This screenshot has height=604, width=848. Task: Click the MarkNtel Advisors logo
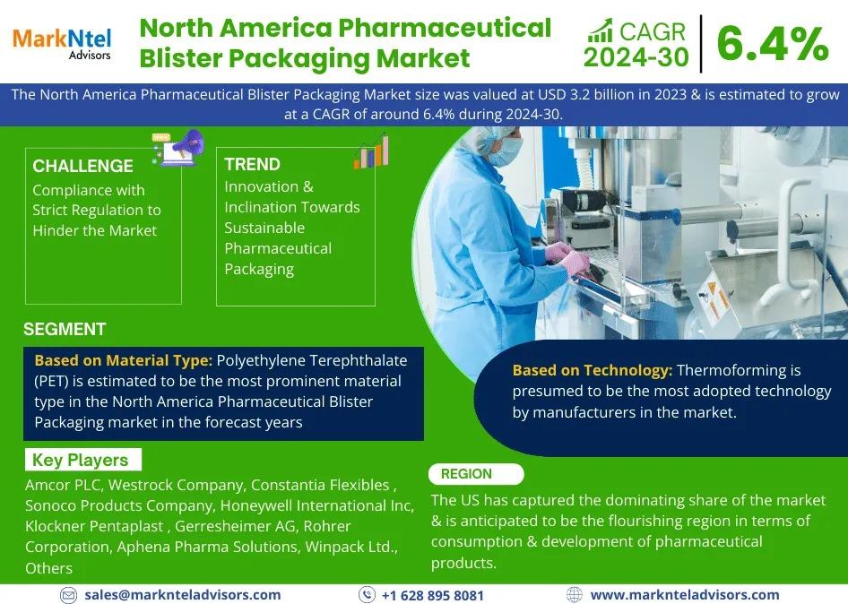62,43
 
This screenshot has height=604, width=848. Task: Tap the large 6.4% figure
773,44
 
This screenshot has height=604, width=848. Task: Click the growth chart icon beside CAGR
601,30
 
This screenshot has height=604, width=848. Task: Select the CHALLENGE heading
82,166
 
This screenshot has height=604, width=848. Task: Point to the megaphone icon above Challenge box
178,147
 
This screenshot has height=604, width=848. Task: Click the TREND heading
252,164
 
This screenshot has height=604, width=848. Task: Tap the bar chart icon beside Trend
371,151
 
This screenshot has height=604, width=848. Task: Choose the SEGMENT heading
65,329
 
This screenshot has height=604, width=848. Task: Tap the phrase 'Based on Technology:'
593,370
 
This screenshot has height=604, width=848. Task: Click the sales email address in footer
182,595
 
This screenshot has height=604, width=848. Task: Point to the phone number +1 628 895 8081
433,595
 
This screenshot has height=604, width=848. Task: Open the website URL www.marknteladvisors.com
685,595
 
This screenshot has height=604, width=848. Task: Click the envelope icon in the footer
68,595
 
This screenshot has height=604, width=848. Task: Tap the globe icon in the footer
574,595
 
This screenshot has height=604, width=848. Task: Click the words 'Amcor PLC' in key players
63,485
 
